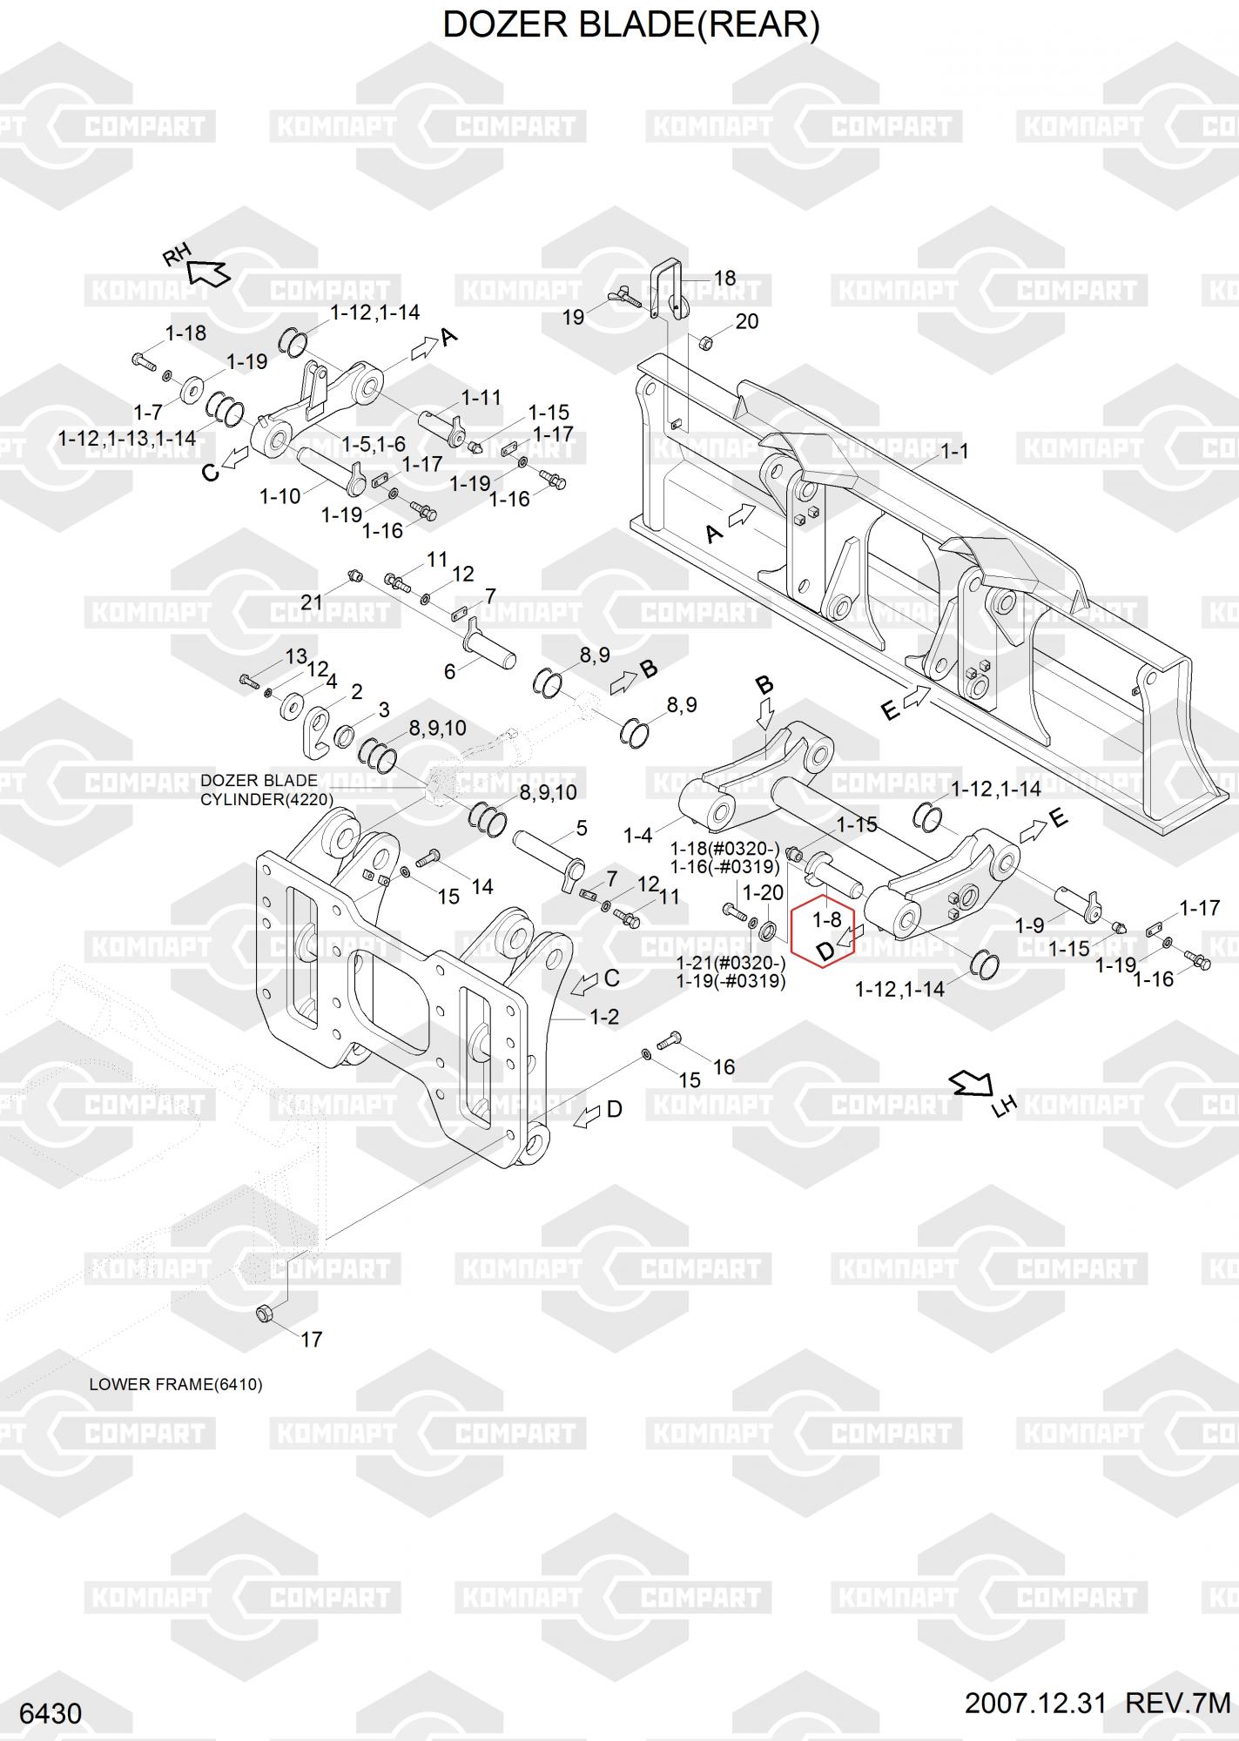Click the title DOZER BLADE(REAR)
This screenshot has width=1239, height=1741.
631,24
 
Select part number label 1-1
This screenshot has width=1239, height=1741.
954,451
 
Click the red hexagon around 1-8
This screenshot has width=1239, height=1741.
823,931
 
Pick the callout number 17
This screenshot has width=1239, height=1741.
311,1340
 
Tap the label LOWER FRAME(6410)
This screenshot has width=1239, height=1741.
175,1384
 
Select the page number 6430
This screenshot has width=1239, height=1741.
51,1714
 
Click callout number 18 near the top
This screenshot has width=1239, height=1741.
724,278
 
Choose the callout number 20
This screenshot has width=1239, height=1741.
747,321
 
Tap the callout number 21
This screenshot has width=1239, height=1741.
311,602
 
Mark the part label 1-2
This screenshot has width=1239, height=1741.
604,1017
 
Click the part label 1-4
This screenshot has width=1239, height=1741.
637,836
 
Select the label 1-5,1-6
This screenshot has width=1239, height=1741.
374,444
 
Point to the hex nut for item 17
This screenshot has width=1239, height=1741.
266,1314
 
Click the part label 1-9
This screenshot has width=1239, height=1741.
1029,925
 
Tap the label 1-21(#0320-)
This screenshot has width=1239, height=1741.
731,964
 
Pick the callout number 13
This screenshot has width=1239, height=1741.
296,655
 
